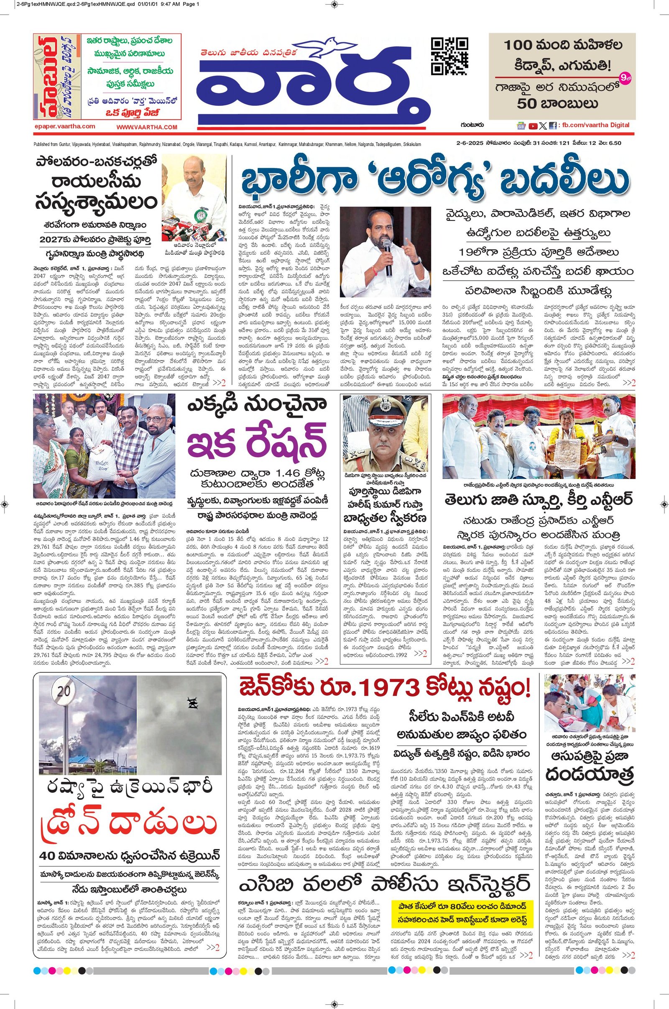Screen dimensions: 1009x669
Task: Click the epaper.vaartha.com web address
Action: point(64,126)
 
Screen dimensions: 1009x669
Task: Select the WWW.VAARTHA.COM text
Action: point(146,127)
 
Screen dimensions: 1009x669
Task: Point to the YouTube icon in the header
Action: point(533,126)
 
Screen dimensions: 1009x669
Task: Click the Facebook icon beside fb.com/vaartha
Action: point(552,126)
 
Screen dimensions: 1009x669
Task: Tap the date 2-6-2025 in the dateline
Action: point(469,143)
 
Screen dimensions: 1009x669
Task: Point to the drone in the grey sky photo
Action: point(191,703)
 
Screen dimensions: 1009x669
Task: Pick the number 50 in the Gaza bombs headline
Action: point(528,104)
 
